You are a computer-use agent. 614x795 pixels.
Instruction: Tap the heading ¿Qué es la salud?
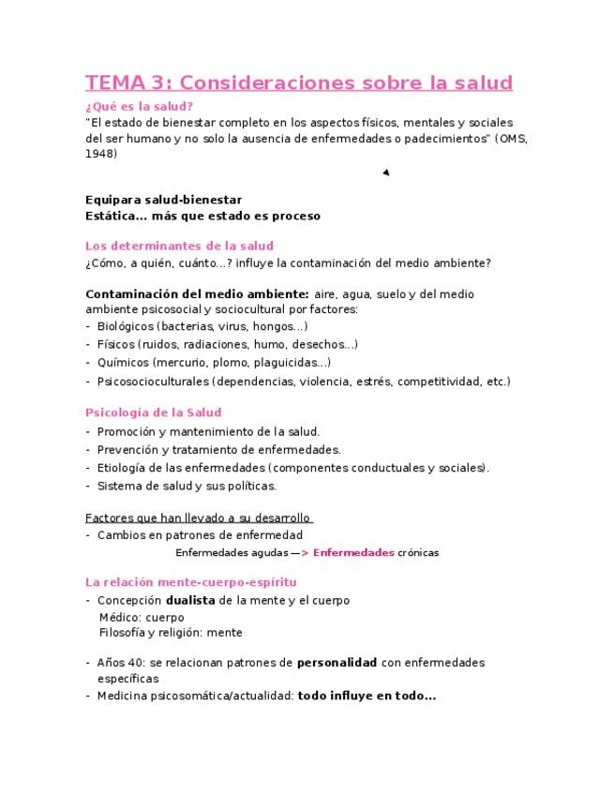139,106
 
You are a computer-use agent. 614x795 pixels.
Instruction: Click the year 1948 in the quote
101,155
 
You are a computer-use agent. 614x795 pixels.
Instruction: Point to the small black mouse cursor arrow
385,172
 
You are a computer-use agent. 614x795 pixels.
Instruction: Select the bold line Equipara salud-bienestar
163,200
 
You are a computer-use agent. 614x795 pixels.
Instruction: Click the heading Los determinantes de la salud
179,246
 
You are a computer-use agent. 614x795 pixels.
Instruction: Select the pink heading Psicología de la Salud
153,412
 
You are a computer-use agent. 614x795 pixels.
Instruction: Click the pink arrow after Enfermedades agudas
302,552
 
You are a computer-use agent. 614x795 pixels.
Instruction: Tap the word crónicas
418,552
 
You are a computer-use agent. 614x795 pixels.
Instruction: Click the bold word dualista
191,600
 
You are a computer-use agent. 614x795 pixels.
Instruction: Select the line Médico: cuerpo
142,617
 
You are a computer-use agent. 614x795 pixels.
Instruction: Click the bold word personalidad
337,662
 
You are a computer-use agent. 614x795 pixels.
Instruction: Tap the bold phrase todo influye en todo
366,696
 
